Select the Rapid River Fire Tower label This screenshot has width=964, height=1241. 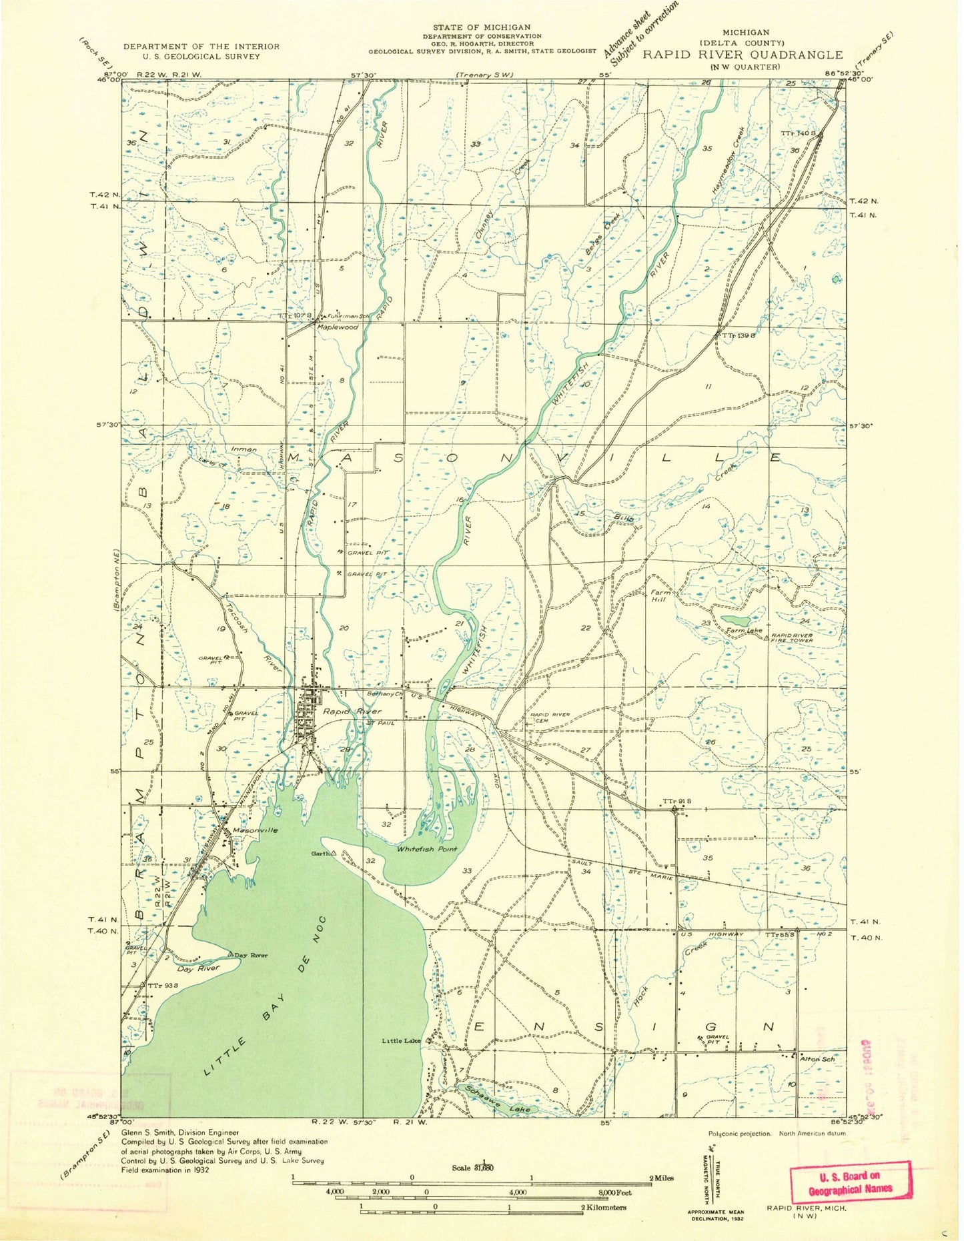[793, 638]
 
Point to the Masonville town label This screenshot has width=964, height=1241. [256, 830]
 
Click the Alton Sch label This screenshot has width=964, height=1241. [818, 1058]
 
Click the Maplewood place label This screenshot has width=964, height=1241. [337, 327]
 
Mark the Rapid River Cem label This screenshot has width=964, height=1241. [550, 718]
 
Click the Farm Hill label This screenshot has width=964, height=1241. [659, 595]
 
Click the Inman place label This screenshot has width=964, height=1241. [244, 449]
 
